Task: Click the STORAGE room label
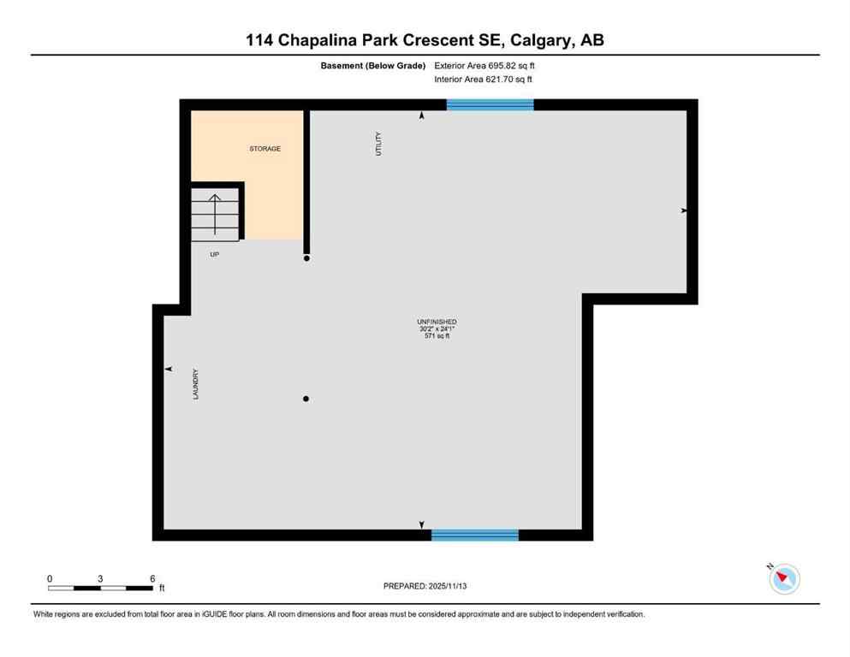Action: pos(265,149)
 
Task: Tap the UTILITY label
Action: pos(377,143)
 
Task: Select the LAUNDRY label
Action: pos(196,384)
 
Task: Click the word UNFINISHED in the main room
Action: pos(437,322)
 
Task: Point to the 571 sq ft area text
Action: pos(437,336)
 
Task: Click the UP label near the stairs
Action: pos(215,254)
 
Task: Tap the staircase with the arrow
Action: pos(215,214)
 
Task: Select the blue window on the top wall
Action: pos(490,104)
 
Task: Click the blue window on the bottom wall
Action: pos(475,535)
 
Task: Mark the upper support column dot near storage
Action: pos(306,257)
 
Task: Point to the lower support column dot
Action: pos(306,399)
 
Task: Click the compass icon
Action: pos(784,578)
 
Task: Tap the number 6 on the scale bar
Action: pos(152,578)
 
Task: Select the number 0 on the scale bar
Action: pos(50,578)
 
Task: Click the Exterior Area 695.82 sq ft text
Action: pos(484,65)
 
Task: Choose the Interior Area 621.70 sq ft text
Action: pos(484,80)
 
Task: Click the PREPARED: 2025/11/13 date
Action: pos(425,586)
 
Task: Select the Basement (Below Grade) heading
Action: pos(373,65)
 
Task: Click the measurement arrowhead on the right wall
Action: pos(684,210)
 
